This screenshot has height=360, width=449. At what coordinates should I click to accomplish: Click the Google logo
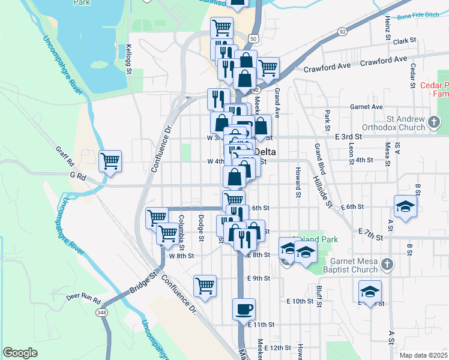pyautogui.click(x=20, y=353)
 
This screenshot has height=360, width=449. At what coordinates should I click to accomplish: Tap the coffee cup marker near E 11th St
pyautogui.click(x=244, y=309)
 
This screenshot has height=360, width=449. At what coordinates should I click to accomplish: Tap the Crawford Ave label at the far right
pyautogui.click(x=384, y=61)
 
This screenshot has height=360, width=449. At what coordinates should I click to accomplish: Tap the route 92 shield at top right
pyautogui.click(x=342, y=31)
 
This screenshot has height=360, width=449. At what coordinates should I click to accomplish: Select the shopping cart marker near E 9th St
pyautogui.click(x=205, y=286)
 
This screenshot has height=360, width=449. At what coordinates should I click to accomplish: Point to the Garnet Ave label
pyautogui.click(x=367, y=107)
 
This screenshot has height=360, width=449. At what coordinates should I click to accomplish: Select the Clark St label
pyautogui.click(x=405, y=41)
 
